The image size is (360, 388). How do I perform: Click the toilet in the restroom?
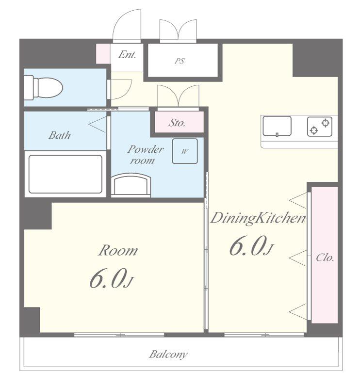[x=43, y=88]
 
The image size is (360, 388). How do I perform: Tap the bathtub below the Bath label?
[x=65, y=174]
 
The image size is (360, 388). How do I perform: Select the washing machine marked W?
[x=185, y=151]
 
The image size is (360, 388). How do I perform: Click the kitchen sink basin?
[x=277, y=126]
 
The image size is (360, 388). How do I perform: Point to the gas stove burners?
[x=320, y=127]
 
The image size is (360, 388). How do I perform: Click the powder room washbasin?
[x=131, y=185]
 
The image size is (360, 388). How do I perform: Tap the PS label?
[x=180, y=61]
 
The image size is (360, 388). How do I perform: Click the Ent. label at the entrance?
[x=127, y=55]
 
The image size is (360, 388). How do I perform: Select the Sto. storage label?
[x=177, y=123]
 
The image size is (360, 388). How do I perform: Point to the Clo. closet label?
[x=325, y=258]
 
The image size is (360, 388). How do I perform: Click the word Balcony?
[x=168, y=355]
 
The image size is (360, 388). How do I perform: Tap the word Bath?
[x=60, y=135]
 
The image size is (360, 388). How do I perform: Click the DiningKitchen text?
[x=258, y=218]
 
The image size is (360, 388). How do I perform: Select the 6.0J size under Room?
[x=112, y=278]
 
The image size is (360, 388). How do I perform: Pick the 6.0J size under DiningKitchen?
[x=251, y=245]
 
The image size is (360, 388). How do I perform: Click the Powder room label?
[x=146, y=155]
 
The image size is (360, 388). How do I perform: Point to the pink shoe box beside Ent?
[x=103, y=54]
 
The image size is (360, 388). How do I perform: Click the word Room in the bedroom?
[x=118, y=251]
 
